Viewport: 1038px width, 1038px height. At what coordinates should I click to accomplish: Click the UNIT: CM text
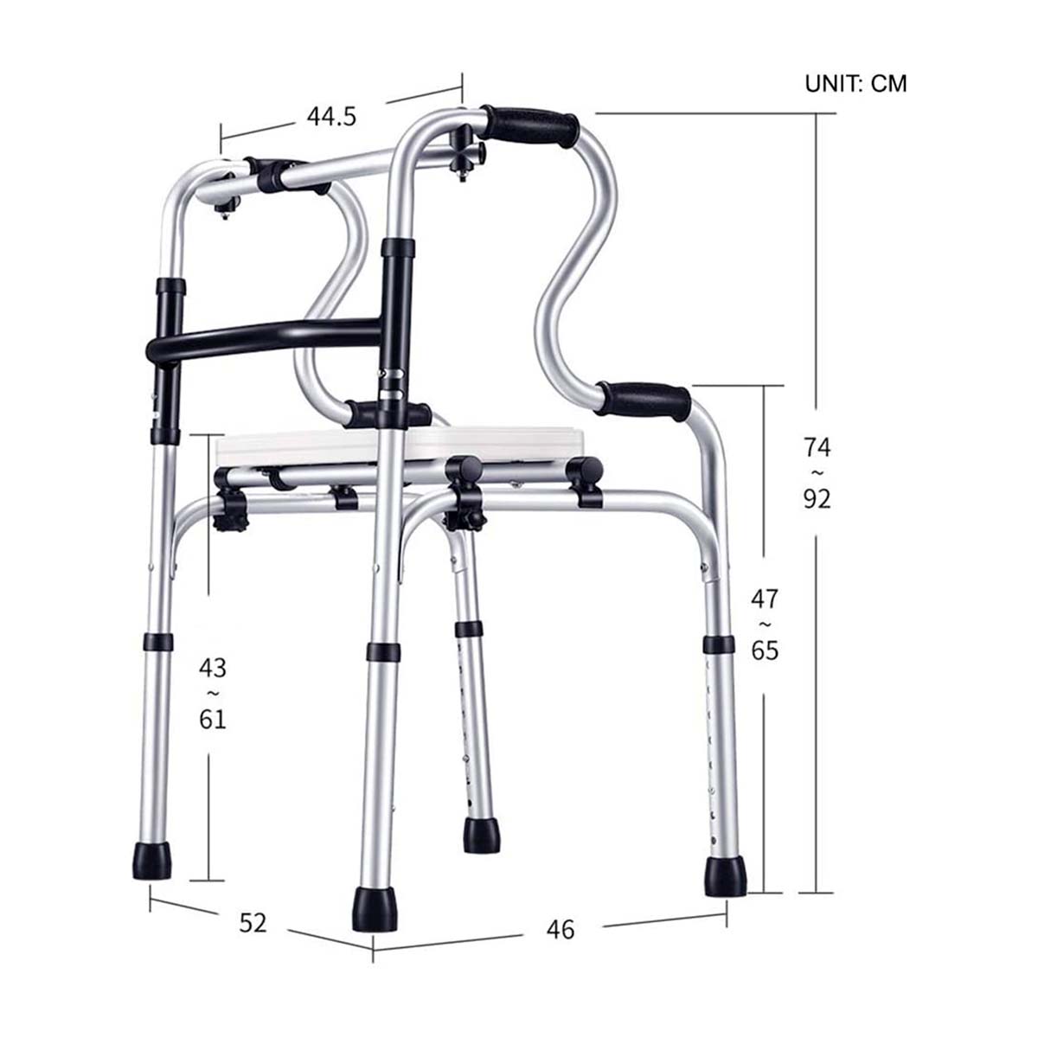coord(855,84)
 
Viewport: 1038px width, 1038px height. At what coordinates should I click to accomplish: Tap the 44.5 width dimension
coord(331,117)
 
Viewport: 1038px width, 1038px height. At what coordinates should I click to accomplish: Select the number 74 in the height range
coord(817,447)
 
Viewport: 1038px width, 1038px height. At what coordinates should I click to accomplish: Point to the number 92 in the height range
coord(817,500)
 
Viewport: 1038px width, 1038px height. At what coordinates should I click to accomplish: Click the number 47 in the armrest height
coord(765,599)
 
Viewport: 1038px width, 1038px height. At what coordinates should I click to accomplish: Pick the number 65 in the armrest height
coord(765,650)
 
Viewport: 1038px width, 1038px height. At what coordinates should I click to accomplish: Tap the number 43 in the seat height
coord(213,668)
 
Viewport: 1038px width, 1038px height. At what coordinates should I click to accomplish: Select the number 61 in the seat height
coord(213,721)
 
